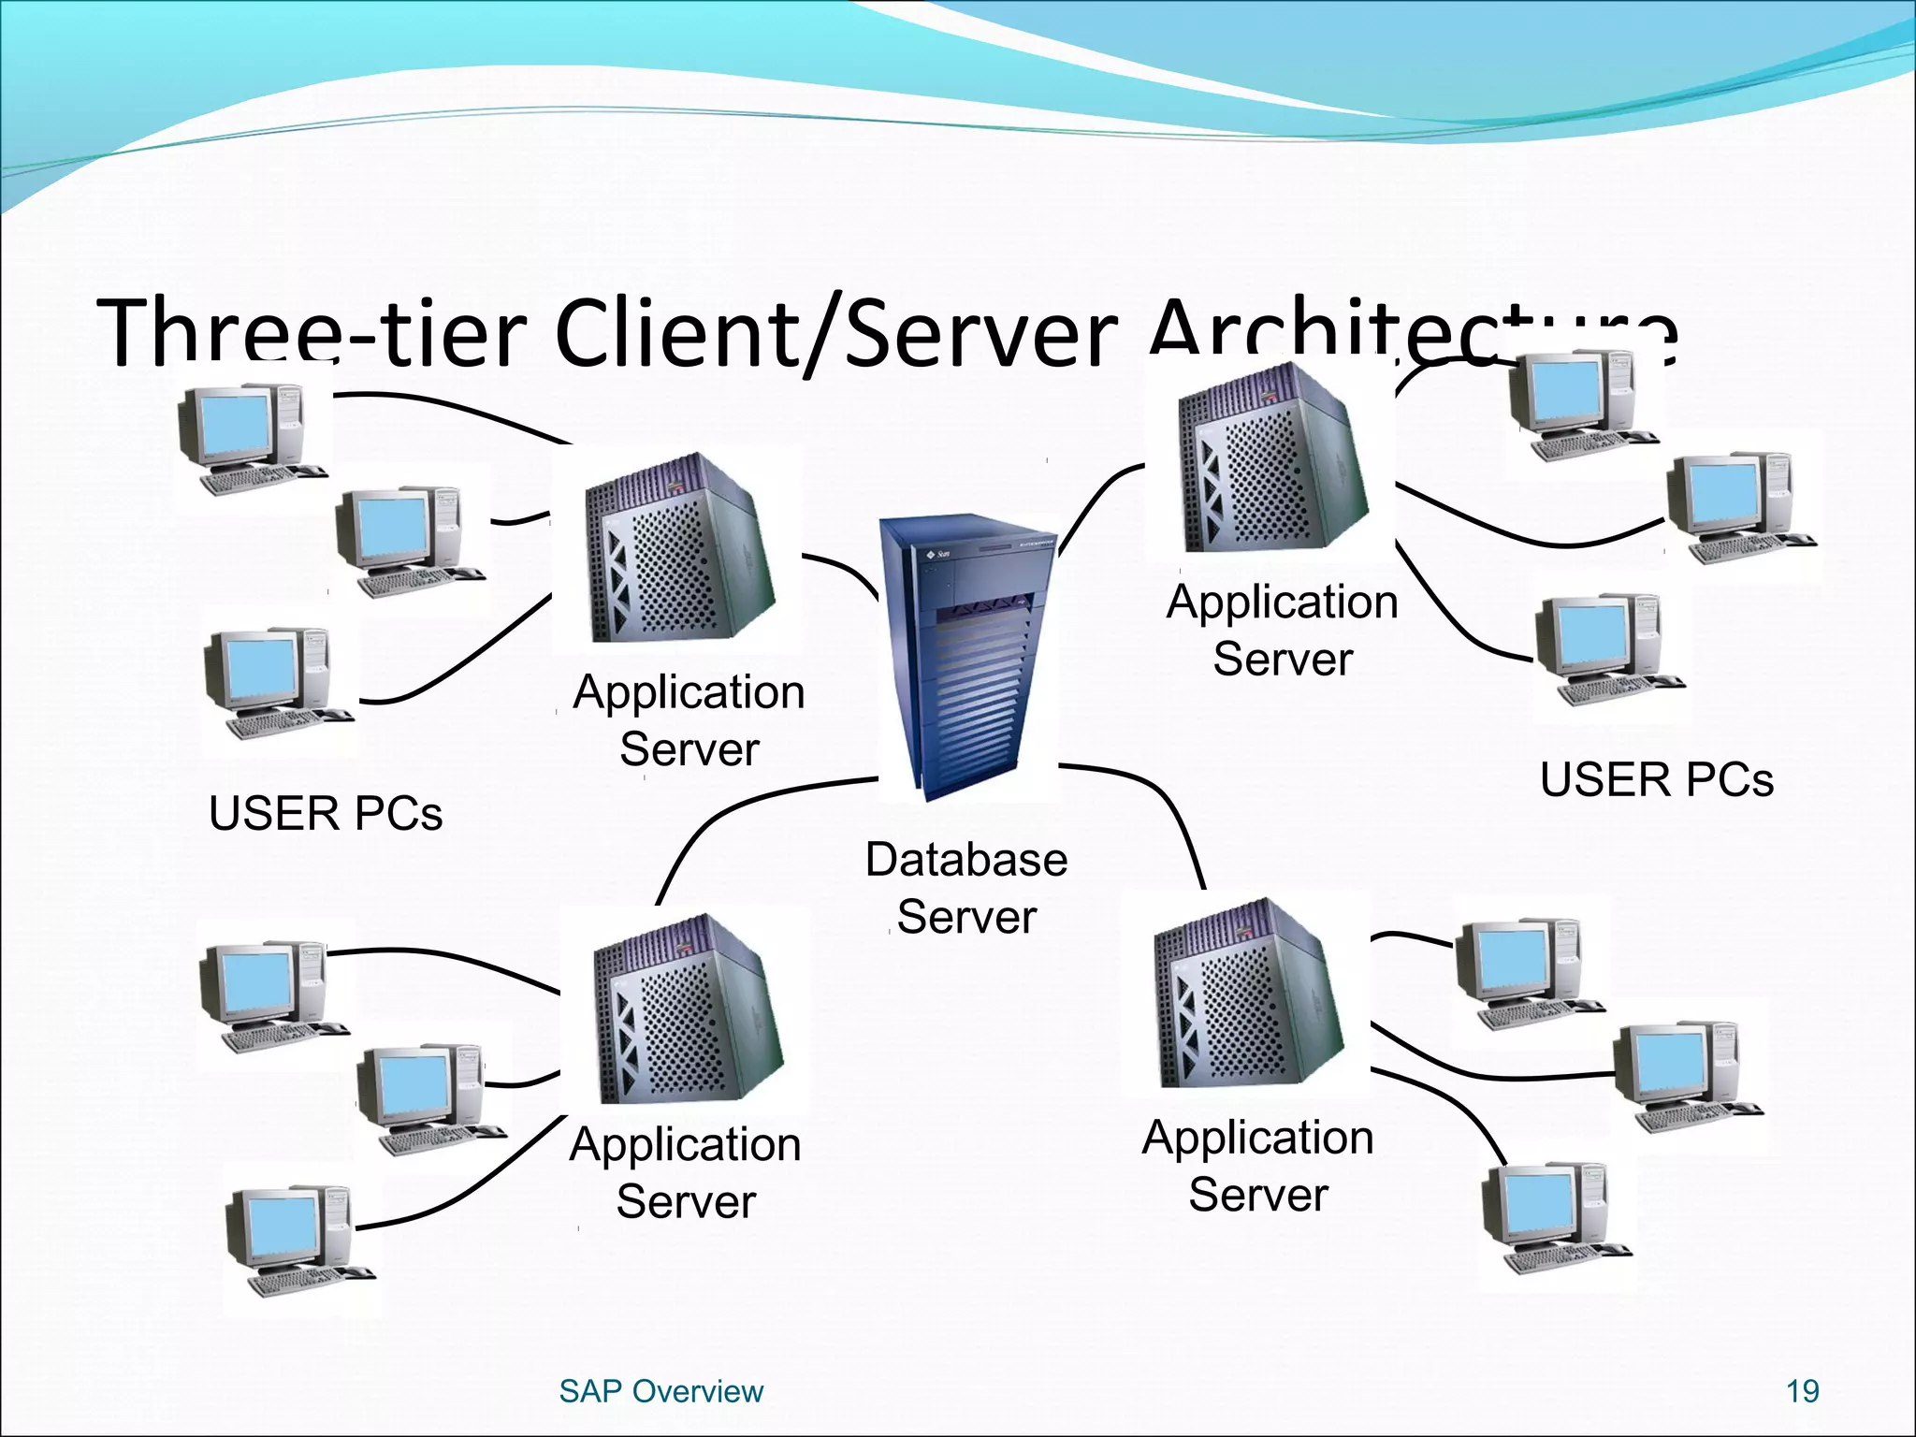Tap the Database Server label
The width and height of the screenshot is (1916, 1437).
[x=966, y=887]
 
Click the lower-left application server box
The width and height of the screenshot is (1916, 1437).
[x=689, y=1010]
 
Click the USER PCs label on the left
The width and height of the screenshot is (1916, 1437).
[x=325, y=813]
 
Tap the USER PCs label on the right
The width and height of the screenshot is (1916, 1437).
[x=1656, y=780]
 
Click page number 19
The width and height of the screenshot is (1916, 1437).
[x=1802, y=1391]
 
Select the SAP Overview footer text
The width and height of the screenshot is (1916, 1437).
[x=660, y=1391]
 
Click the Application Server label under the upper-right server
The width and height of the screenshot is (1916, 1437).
[x=1282, y=630]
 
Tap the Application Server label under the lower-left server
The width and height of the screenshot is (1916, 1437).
[x=685, y=1172]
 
